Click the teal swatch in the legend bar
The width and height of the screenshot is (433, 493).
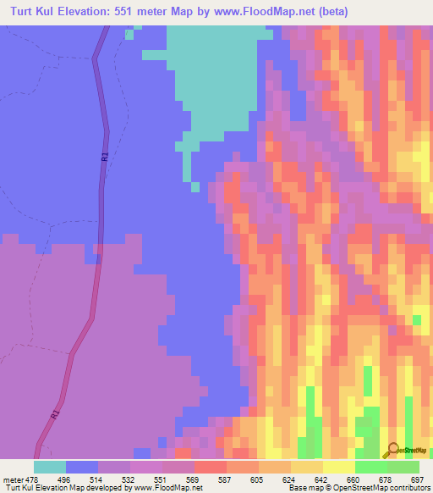[x=50, y=466]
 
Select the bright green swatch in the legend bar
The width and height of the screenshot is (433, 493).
[x=370, y=466]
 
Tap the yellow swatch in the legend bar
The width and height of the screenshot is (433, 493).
[x=338, y=466]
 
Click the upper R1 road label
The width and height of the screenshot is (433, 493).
[x=104, y=157]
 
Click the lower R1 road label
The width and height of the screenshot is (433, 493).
[x=55, y=415]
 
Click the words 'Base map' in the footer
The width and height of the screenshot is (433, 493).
[x=305, y=488]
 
